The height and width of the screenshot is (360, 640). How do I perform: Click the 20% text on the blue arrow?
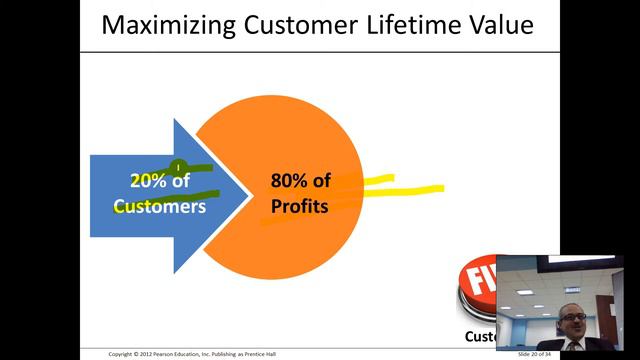[x=149, y=182]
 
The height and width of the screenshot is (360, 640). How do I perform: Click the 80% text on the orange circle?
[x=289, y=182]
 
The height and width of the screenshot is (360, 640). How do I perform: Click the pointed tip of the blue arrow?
[x=248, y=194]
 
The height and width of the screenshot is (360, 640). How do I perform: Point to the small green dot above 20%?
[x=177, y=168]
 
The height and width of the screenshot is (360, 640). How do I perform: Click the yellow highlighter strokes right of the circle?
[x=400, y=189]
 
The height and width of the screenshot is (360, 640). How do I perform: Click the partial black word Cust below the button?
[x=480, y=337]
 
